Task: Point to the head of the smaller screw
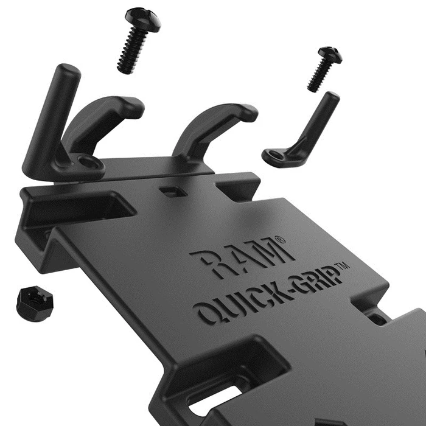click(329, 55)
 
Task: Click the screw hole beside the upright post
click(91, 162)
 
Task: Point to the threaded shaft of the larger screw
click(133, 52)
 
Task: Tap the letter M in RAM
click(262, 250)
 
